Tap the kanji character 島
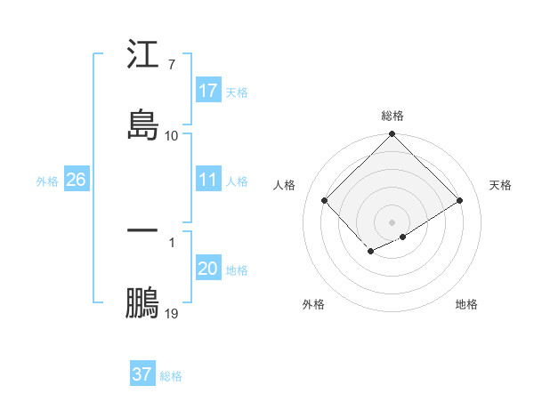pos(142,124)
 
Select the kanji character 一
pos(142,231)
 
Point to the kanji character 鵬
pos(142,301)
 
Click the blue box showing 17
pos(208,90)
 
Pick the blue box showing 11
pos(208,180)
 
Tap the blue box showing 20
pos(208,269)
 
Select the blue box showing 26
pos(76,180)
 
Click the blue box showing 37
pos(142,374)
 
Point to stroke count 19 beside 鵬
pos(172,313)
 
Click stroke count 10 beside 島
pos(172,135)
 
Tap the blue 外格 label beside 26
pos(47,181)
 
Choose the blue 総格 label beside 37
pos(171,375)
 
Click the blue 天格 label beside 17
pos(237,91)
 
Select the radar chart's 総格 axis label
pos(392,116)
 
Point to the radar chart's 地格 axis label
pos(466,304)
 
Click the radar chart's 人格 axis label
pos(285,185)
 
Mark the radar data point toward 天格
pos(460,201)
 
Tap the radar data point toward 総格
pos(392,135)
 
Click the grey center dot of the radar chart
pos(392,221)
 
